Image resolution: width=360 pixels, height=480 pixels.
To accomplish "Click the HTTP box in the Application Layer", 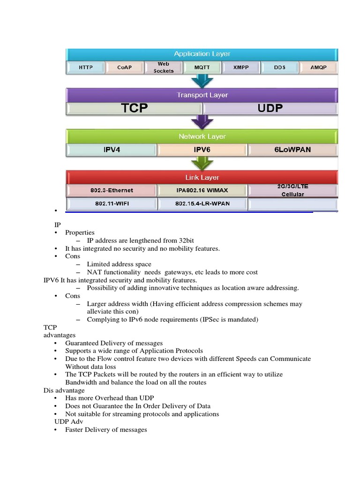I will tap(86, 67).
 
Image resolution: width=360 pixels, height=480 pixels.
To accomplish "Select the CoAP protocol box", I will tap(125, 67).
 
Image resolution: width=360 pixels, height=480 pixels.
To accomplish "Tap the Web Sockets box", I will tap(163, 67).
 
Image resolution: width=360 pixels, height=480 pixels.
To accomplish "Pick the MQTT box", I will tap(202, 67).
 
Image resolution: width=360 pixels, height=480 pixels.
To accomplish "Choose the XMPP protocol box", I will tap(241, 67).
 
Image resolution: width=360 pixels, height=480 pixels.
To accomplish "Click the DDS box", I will tap(279, 67).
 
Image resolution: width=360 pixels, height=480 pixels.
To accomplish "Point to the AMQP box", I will tap(318, 67).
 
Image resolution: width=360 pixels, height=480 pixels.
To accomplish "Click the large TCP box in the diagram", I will tap(135, 108).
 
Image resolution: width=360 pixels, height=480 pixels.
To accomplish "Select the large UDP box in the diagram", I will tap(270, 108).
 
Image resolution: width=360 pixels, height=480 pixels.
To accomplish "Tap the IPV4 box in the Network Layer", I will tap(112, 150).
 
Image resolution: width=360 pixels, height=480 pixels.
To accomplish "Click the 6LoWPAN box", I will tap(292, 150).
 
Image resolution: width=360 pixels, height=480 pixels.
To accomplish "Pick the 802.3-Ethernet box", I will tap(112, 190).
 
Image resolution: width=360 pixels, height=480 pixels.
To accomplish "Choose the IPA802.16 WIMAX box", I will tap(202, 190).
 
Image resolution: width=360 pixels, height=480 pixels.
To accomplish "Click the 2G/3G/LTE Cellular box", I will tap(292, 190).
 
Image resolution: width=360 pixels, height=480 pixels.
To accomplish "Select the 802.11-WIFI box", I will tap(112, 204).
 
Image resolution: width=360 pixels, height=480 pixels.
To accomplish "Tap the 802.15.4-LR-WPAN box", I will tap(202, 204).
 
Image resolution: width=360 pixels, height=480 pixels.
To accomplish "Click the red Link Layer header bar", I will tap(202, 178).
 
